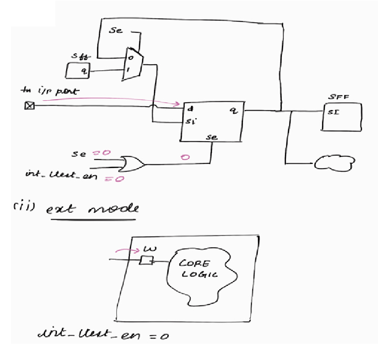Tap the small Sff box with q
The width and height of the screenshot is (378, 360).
(x=77, y=70)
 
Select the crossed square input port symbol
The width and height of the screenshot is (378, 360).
(x=29, y=105)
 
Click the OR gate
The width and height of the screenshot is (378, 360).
(x=132, y=164)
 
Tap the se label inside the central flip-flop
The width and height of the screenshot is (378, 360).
(x=211, y=137)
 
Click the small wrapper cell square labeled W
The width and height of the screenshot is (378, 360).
(x=146, y=261)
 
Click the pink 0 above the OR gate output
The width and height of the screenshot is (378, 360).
(x=185, y=156)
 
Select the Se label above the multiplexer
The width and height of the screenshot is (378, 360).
(x=116, y=32)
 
